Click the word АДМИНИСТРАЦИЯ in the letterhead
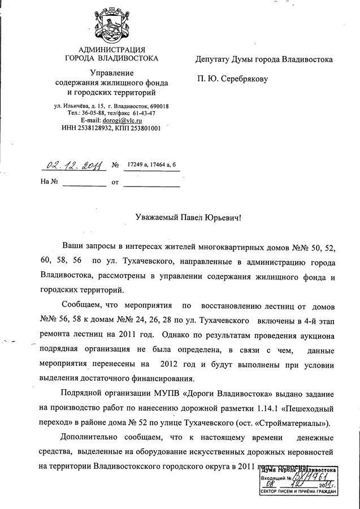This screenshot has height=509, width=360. [112, 49]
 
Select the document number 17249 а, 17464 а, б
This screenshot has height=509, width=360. [152, 165]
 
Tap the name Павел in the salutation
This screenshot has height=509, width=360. [190, 217]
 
